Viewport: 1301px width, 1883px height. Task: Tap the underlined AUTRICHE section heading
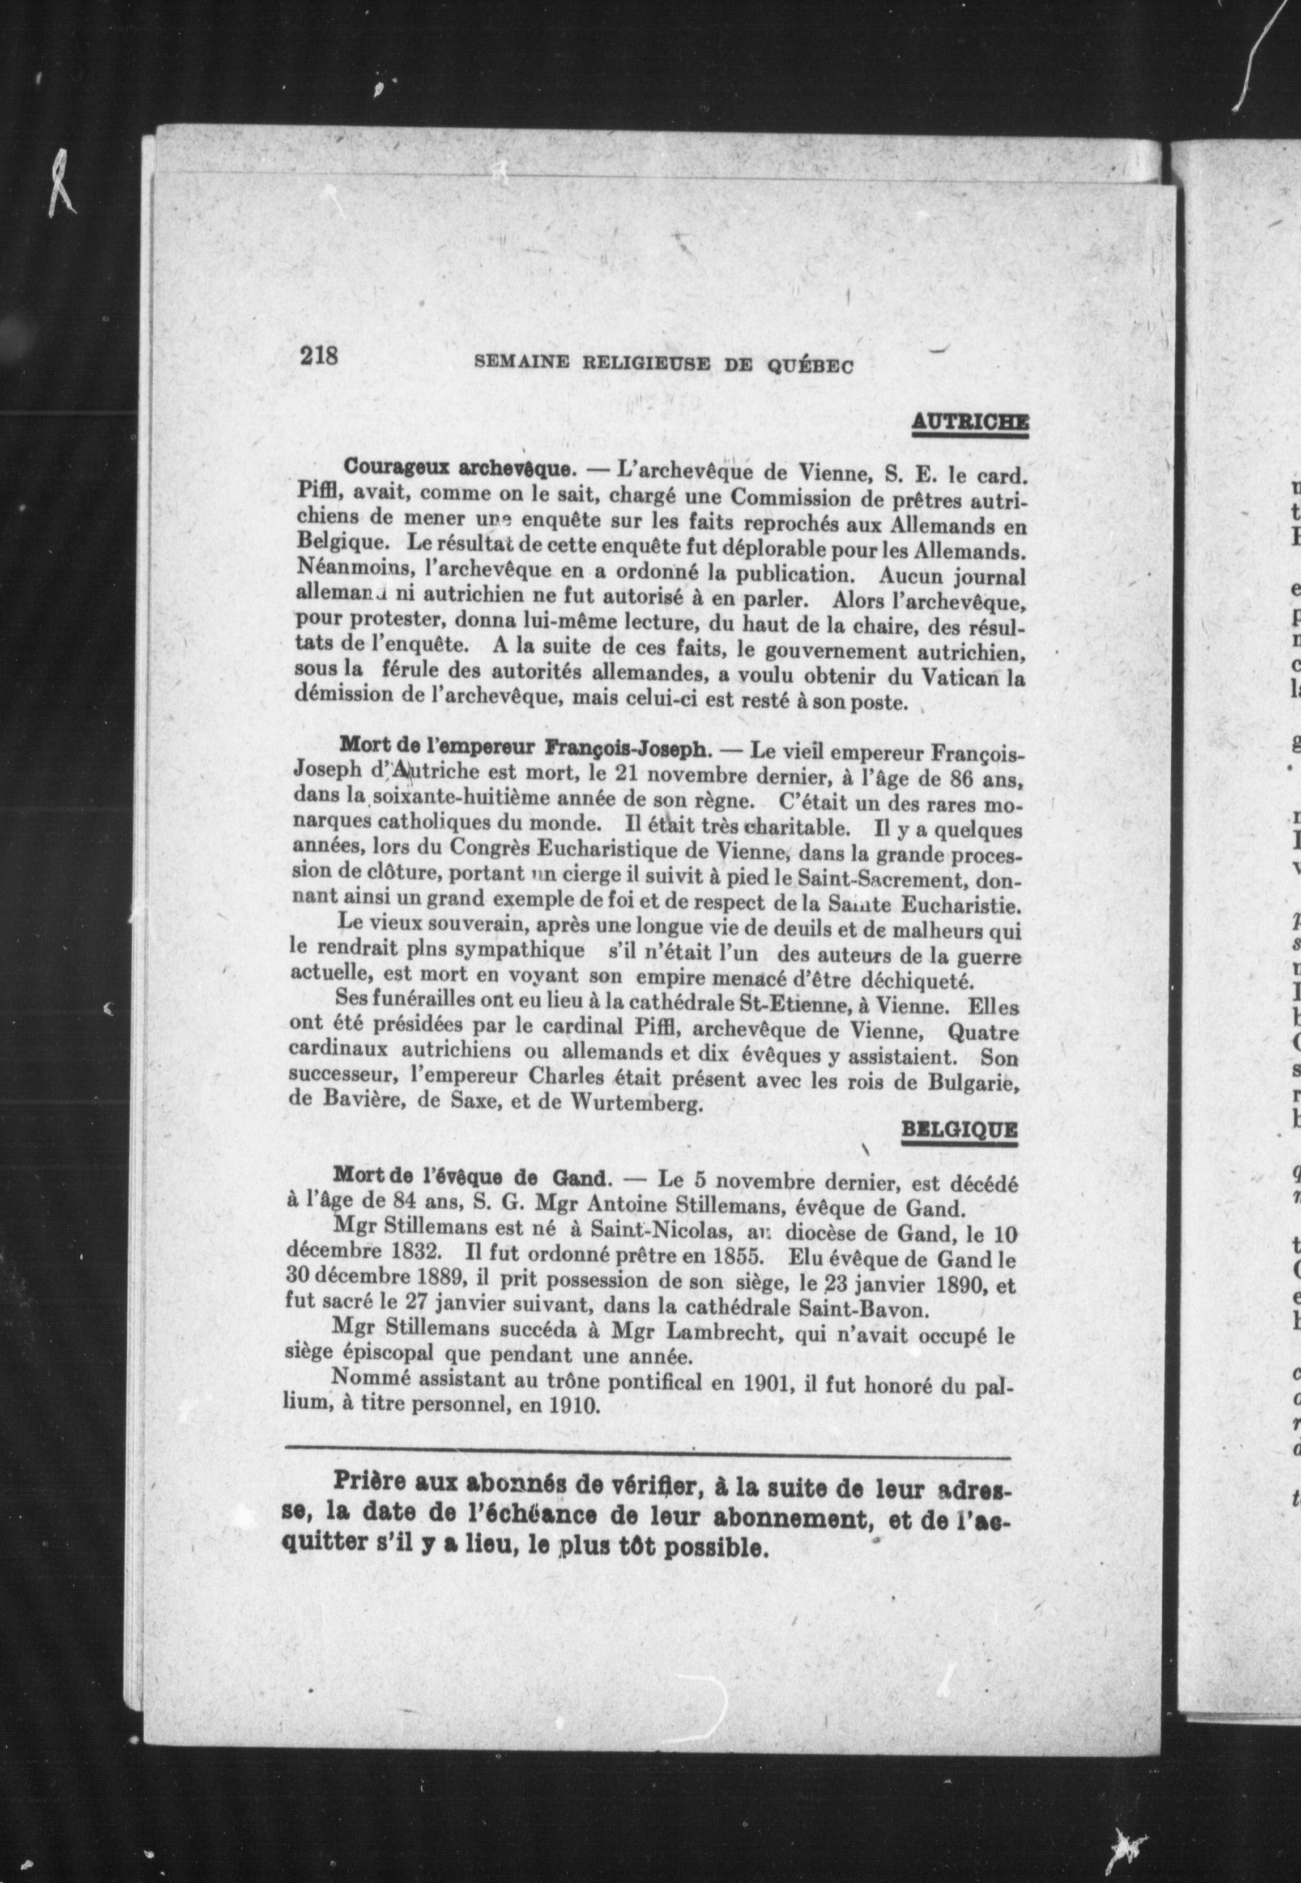[x=969, y=423]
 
